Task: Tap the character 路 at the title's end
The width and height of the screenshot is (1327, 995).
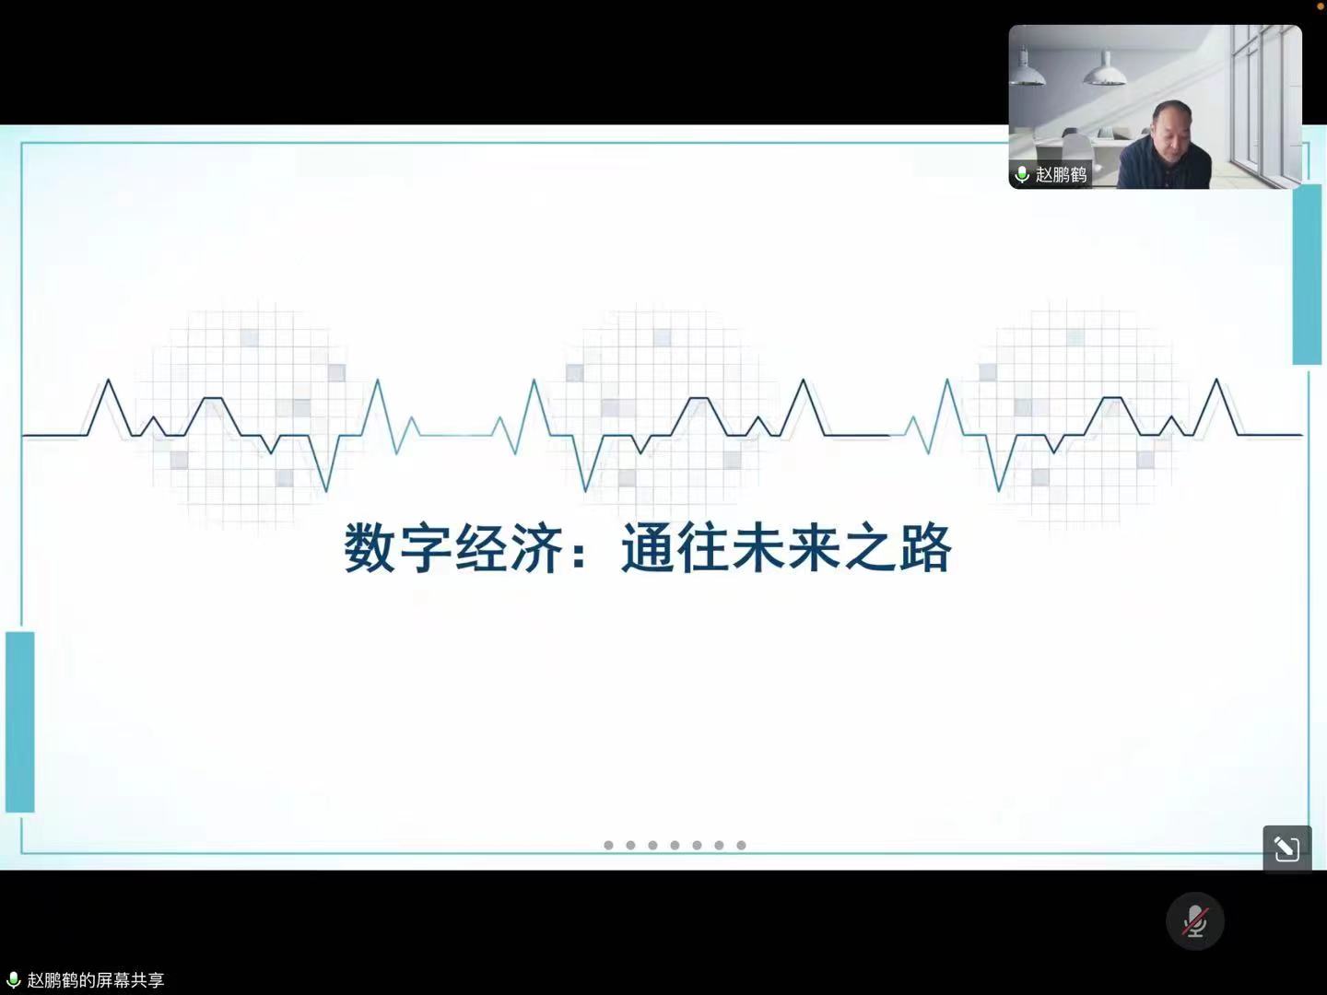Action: click(926, 548)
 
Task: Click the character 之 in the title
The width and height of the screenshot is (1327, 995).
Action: click(871, 548)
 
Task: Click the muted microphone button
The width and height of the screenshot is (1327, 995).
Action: click(1194, 921)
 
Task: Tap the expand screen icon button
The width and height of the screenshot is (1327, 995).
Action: click(1287, 849)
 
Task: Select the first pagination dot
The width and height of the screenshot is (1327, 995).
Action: click(609, 845)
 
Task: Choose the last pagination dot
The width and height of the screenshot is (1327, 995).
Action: click(741, 845)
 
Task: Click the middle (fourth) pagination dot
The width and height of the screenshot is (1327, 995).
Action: click(675, 845)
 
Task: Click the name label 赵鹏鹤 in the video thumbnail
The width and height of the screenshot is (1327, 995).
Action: click(1061, 175)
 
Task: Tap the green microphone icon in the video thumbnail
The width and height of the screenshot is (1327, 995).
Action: click(1022, 175)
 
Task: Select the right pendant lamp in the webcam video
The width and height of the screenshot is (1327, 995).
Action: click(1104, 69)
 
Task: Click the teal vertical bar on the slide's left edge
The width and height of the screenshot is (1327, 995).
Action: click(20, 722)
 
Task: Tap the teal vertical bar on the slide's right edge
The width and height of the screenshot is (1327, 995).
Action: click(1307, 275)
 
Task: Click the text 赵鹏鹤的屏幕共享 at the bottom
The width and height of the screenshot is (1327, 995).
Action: click(96, 980)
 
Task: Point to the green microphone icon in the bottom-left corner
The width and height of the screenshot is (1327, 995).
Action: click(13, 980)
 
